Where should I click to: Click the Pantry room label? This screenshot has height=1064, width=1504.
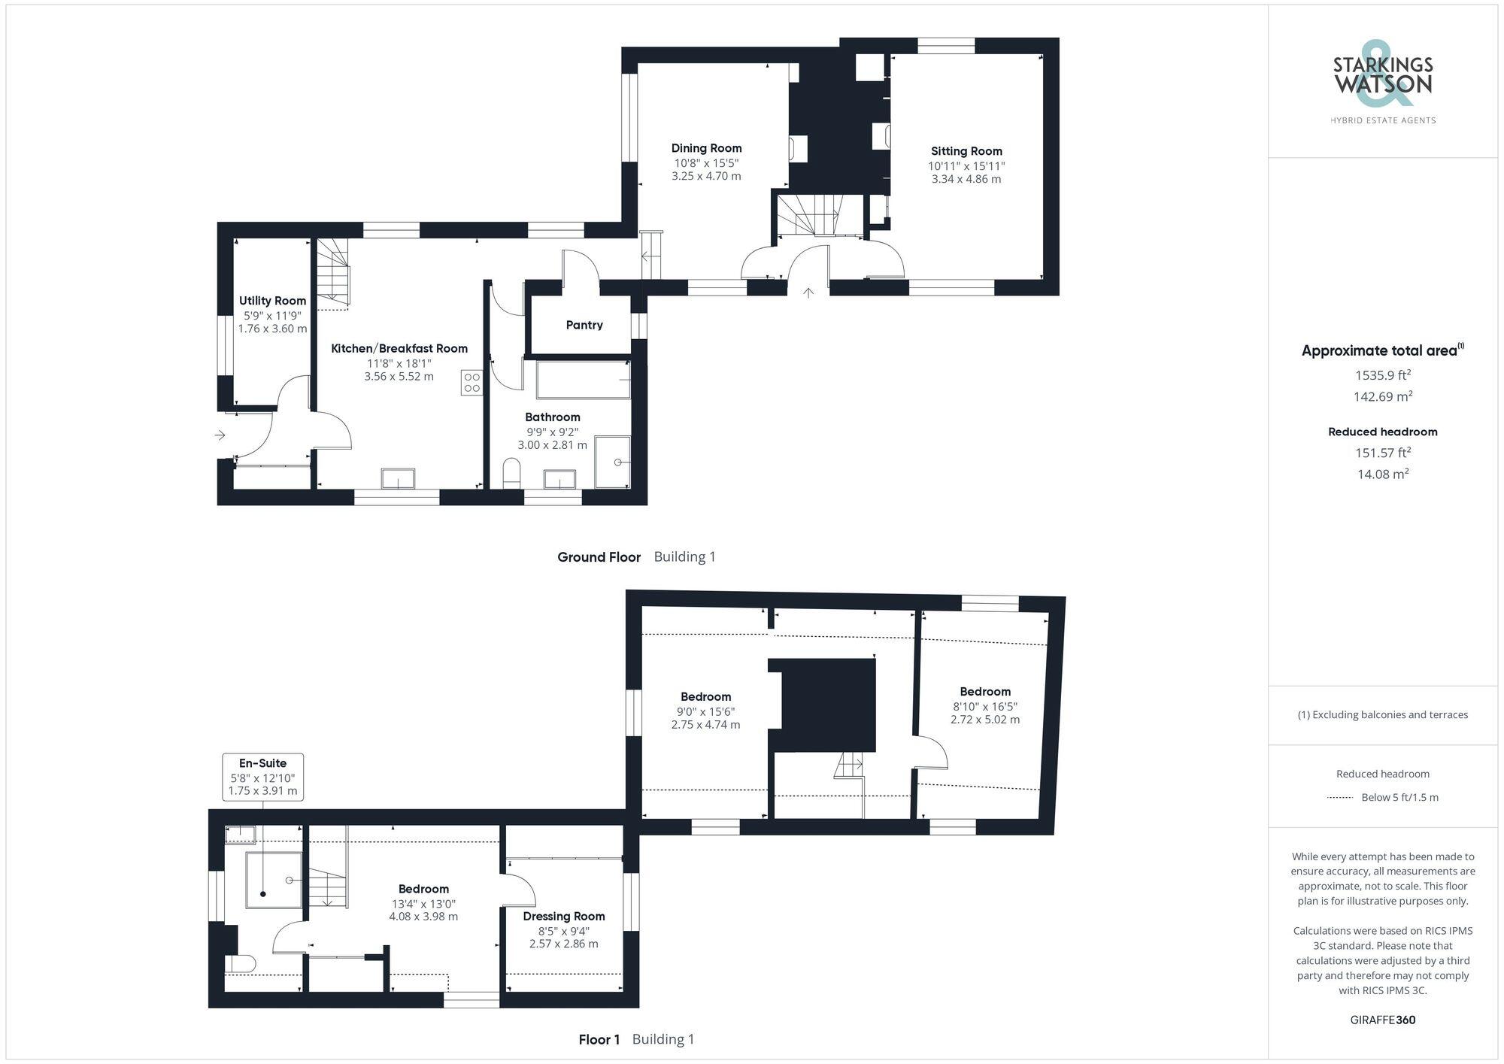click(x=584, y=325)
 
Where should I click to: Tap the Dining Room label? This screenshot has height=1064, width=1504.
click(x=706, y=148)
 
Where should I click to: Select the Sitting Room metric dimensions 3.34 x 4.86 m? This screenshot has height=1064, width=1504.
click(x=966, y=179)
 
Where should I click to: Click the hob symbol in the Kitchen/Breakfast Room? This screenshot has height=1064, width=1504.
click(x=472, y=383)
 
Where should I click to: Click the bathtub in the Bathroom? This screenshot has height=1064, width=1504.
click(x=584, y=380)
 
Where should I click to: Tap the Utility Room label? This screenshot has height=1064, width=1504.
click(x=272, y=301)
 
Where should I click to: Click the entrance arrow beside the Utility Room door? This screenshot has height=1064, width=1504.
click(x=220, y=435)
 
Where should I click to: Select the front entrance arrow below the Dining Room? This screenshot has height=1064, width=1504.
click(x=808, y=293)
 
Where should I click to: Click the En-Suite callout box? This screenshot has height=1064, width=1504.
click(x=263, y=777)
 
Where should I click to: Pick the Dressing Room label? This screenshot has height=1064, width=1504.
click(x=564, y=916)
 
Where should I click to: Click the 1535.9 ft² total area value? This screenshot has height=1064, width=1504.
click(x=1382, y=374)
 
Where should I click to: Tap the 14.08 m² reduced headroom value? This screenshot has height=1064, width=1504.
click(x=1382, y=474)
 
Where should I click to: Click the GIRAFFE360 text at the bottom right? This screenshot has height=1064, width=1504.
click(x=1382, y=1020)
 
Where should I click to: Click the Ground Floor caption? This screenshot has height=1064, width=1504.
click(x=599, y=557)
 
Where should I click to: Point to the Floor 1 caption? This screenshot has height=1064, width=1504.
click(x=599, y=1039)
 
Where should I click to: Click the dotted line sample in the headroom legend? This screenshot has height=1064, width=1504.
click(x=1341, y=797)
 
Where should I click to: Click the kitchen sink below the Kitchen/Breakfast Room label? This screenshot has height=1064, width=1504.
click(x=398, y=479)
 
